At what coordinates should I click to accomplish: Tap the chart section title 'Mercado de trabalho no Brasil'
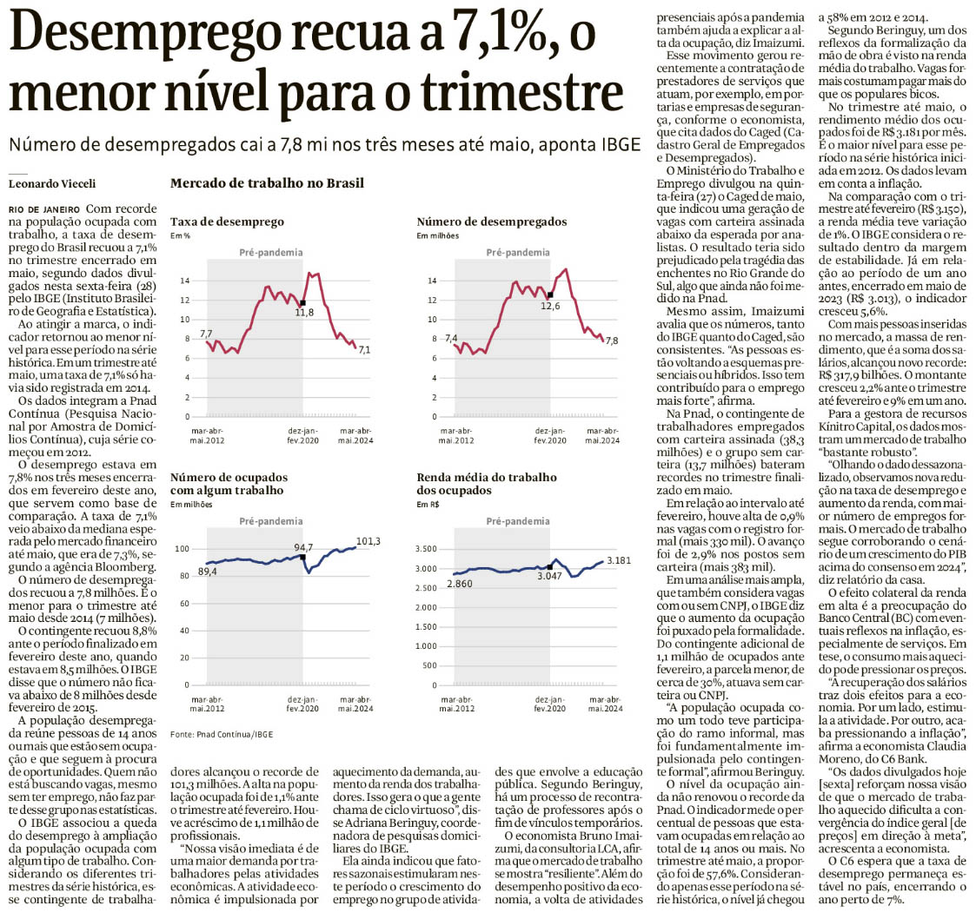267,183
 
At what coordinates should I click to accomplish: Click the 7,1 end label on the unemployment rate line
364,350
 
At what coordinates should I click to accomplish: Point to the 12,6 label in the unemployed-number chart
551,306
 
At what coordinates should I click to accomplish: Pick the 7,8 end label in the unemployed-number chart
611,340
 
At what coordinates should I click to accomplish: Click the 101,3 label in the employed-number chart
368,540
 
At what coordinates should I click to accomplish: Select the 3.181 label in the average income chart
620,560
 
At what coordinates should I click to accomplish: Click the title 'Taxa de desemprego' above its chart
227,222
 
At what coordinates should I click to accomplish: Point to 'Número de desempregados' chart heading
491,222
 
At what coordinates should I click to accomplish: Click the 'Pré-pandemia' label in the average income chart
518,521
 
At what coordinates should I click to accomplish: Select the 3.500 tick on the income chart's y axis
430,550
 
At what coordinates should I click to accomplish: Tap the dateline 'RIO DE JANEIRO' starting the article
44,210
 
